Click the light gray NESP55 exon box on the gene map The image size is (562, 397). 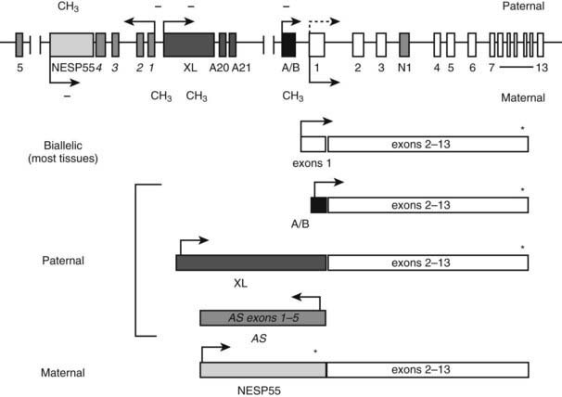point(70,44)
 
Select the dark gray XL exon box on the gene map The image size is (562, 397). point(189,44)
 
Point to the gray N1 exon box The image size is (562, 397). point(404,44)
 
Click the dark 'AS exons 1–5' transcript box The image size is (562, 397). point(262,317)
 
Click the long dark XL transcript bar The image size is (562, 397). point(251,263)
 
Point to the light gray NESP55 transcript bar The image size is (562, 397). point(262,370)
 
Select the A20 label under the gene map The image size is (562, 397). point(219,68)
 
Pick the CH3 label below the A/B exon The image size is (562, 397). point(292,96)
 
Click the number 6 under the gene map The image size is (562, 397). point(472,68)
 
